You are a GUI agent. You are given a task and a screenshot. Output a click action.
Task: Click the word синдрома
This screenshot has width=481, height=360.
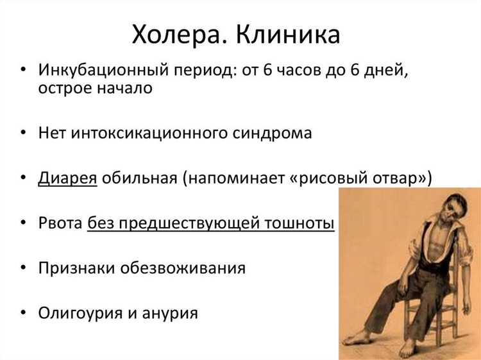(x=270, y=133)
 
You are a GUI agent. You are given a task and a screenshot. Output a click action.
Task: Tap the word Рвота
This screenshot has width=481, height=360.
(x=60, y=223)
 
